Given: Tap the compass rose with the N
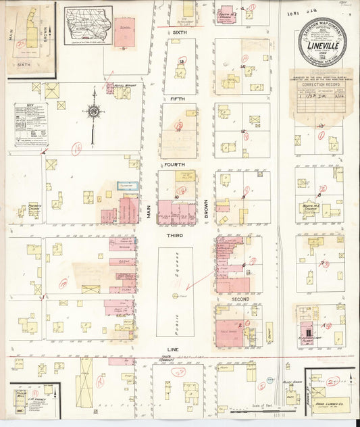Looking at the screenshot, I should tap(93, 111).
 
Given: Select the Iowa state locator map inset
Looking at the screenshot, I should tap(88, 25).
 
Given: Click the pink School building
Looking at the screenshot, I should tap(124, 32).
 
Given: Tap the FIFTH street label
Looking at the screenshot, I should tap(178, 99).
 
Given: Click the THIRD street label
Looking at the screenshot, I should tap(175, 234).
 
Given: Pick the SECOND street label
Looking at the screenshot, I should tap(240, 299).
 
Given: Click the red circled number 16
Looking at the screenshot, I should tap(77, 146).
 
